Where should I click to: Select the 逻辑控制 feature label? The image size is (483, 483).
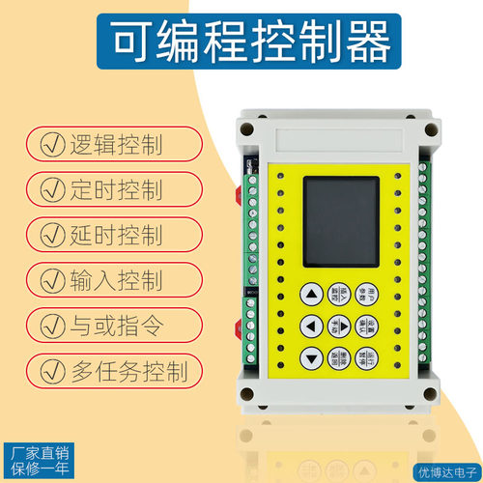116,146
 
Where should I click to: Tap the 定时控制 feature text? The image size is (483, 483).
116,190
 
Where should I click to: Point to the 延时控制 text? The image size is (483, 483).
116,235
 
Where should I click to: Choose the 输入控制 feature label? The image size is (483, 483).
116,279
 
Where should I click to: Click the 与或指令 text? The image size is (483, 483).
116,324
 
